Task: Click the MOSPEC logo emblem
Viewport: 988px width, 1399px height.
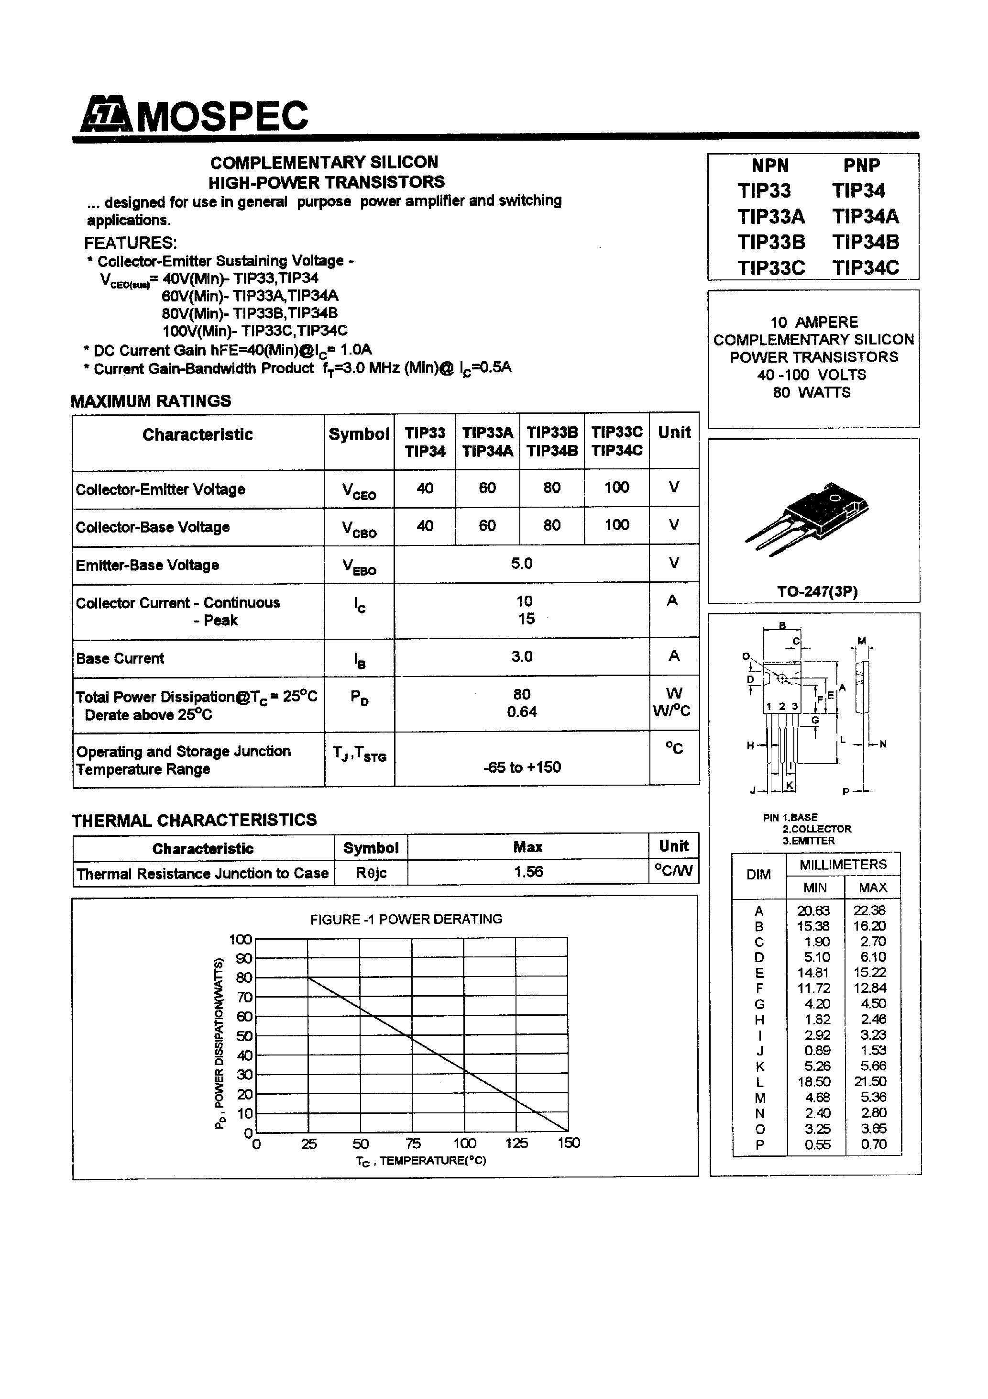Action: click(106, 114)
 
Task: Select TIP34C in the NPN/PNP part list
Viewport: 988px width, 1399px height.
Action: click(865, 268)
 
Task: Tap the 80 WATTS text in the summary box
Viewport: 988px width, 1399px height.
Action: click(812, 392)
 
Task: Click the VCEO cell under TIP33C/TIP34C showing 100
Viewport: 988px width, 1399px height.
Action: click(616, 488)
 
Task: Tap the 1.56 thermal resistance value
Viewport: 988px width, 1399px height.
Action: click(527, 872)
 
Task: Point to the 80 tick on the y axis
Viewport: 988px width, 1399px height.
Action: click(243, 978)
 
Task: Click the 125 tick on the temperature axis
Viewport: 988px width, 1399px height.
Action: click(516, 1144)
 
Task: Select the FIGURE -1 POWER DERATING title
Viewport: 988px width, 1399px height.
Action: click(406, 919)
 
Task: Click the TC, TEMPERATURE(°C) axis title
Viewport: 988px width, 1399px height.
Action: click(420, 1161)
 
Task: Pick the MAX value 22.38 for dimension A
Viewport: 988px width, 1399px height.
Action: click(872, 910)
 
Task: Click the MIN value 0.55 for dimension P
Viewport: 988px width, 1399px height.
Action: click(816, 1144)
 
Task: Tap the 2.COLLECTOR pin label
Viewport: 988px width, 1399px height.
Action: click(816, 829)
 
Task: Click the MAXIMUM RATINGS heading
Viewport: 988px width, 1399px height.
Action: click(151, 401)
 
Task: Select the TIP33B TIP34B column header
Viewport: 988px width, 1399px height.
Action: click(551, 442)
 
